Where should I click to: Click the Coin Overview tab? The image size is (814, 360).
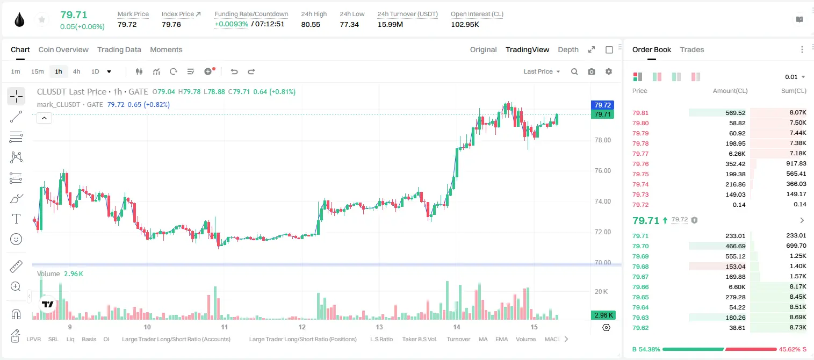pyautogui.click(x=63, y=49)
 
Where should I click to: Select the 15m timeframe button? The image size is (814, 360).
pyautogui.click(x=37, y=71)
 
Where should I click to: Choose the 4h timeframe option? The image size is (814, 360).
pyautogui.click(x=76, y=71)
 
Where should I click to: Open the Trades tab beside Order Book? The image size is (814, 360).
pyautogui.click(x=692, y=49)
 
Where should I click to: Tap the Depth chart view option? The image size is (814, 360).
pyautogui.click(x=568, y=49)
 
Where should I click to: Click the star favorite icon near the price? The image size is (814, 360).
pyautogui.click(x=42, y=20)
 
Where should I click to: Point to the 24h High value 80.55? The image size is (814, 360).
pyautogui.click(x=311, y=24)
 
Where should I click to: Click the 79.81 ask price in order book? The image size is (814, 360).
pyautogui.click(x=640, y=113)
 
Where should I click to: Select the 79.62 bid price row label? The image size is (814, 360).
pyautogui.click(x=640, y=328)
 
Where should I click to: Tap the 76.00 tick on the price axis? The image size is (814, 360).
pyautogui.click(x=602, y=171)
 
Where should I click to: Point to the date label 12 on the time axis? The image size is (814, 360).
pyautogui.click(x=302, y=327)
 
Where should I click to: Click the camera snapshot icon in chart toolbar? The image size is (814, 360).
pyautogui.click(x=592, y=71)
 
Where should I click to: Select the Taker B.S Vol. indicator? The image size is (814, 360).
pyautogui.click(x=419, y=339)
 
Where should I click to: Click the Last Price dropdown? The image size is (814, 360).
pyautogui.click(x=542, y=71)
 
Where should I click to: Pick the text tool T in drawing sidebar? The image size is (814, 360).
pyautogui.click(x=16, y=219)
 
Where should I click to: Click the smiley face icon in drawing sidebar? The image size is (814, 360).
pyautogui.click(x=16, y=239)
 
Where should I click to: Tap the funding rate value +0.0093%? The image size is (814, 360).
pyautogui.click(x=232, y=24)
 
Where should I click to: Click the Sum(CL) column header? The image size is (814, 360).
pyautogui.click(x=794, y=91)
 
